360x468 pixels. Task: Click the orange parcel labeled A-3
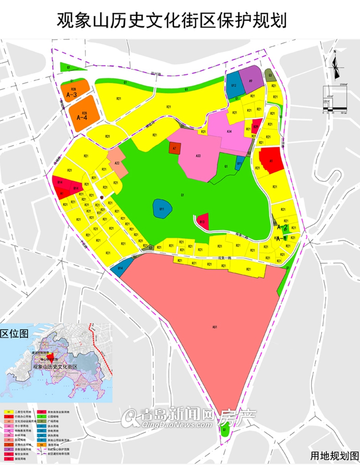click(x=74, y=91)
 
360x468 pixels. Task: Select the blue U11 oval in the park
click(x=162, y=209)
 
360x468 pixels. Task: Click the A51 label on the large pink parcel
click(x=215, y=327)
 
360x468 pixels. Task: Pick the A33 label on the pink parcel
click(x=198, y=156)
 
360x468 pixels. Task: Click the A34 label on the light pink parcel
click(x=229, y=131)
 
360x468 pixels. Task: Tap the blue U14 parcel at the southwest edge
click(x=120, y=268)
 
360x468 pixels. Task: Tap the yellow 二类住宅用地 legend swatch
click(x=8, y=412)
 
